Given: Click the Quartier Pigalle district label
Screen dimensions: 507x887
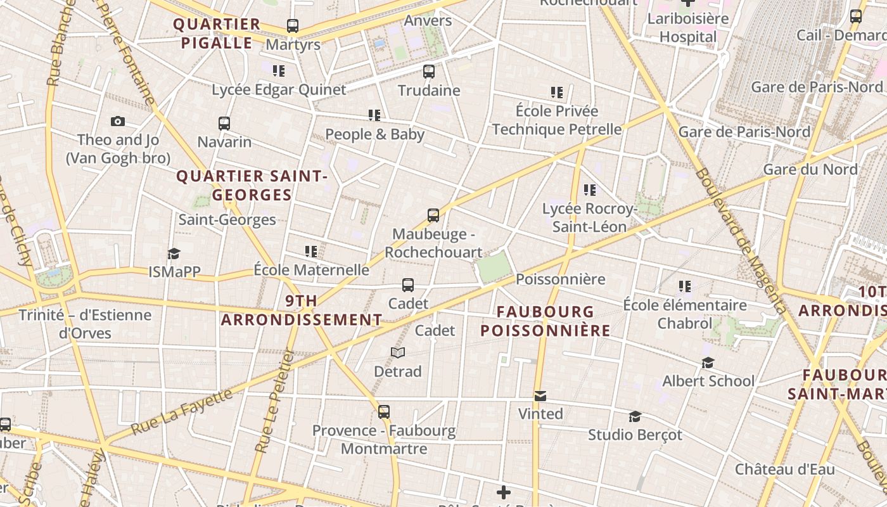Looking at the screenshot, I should coord(217,34).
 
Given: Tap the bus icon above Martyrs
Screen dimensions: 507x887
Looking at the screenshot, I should coord(292,26).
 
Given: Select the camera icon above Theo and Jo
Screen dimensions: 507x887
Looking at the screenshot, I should coord(118,121).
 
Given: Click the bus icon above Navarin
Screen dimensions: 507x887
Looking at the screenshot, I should coord(224,123).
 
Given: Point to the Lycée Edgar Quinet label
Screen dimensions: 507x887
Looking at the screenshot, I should coord(279,90).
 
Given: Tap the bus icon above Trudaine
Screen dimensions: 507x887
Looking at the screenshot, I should coord(429,72).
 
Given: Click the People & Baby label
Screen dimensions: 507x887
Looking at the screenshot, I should coord(374,134).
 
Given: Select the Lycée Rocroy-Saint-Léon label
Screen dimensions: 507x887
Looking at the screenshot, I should coord(589,217).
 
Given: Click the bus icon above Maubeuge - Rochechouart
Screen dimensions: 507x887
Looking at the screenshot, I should coord(433,215).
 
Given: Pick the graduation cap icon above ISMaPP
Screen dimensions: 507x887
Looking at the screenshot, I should coord(174,254).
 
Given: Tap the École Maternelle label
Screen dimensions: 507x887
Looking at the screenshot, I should coord(311,270).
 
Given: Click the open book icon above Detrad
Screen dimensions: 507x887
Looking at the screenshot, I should coord(398,352).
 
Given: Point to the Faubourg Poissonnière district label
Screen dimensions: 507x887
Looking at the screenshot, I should coord(545,321).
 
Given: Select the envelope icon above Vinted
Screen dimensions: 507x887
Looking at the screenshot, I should coord(540,396).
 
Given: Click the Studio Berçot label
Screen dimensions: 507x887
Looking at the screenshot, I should coord(635,435).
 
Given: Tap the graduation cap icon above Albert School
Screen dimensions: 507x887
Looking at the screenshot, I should coord(708,363).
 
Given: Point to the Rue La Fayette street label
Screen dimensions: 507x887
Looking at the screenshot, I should coord(182,412).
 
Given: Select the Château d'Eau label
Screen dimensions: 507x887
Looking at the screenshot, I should coord(784,470).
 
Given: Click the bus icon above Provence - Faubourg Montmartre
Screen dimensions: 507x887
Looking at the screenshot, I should coord(384,412).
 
